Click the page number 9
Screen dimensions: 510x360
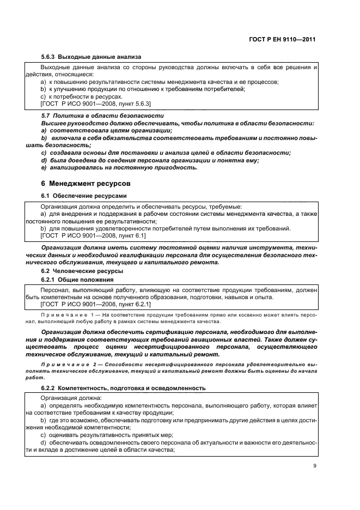tap(314, 466)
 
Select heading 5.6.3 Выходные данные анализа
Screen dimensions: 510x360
tap(91, 57)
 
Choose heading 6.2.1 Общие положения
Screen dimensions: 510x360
tap(78, 280)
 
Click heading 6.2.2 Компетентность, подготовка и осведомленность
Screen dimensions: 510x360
tap(123, 388)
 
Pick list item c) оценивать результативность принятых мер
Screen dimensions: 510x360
tap(106, 435)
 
